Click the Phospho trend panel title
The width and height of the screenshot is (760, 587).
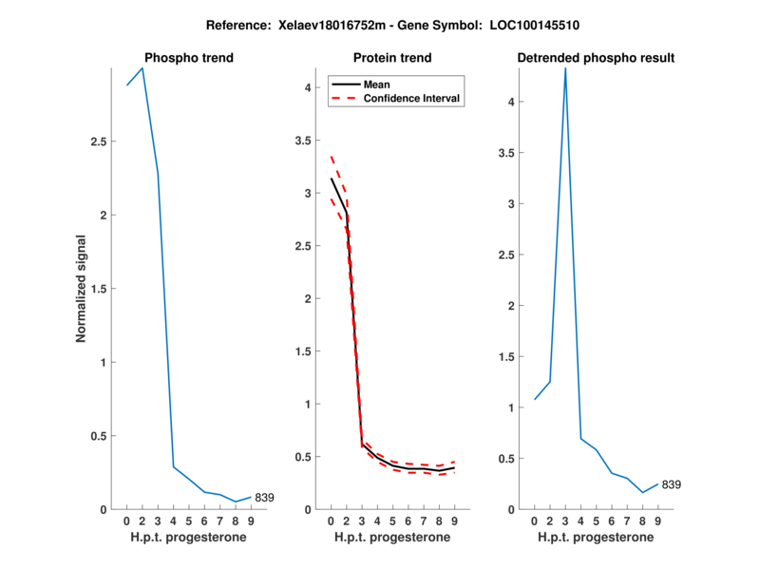coord(188,58)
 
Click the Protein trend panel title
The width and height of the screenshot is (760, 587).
coord(392,58)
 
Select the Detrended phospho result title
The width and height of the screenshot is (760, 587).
coord(596,58)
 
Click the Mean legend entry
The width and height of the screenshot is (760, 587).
coord(376,85)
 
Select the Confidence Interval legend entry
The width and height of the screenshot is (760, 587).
coord(412,98)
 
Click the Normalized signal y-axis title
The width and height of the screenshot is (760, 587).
coord(83,289)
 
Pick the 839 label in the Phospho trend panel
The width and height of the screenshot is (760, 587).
coord(265,498)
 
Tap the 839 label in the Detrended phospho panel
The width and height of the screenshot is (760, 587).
coord(672,485)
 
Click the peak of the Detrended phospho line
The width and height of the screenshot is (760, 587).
coord(565,68)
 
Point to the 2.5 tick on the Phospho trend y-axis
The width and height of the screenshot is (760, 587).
coord(104,142)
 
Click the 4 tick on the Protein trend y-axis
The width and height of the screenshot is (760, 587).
coord(308,88)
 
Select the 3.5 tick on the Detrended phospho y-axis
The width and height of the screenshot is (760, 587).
coord(510,153)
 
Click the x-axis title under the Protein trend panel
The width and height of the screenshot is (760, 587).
coord(392,537)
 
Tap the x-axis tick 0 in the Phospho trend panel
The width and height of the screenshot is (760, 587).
coord(126,521)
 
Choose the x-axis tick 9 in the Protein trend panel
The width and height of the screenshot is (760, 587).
coord(455,521)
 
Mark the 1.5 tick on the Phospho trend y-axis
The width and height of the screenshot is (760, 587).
coord(104,289)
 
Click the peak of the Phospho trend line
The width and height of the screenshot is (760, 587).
coord(142,68)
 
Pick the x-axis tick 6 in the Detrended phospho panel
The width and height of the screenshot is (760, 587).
coord(611,521)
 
